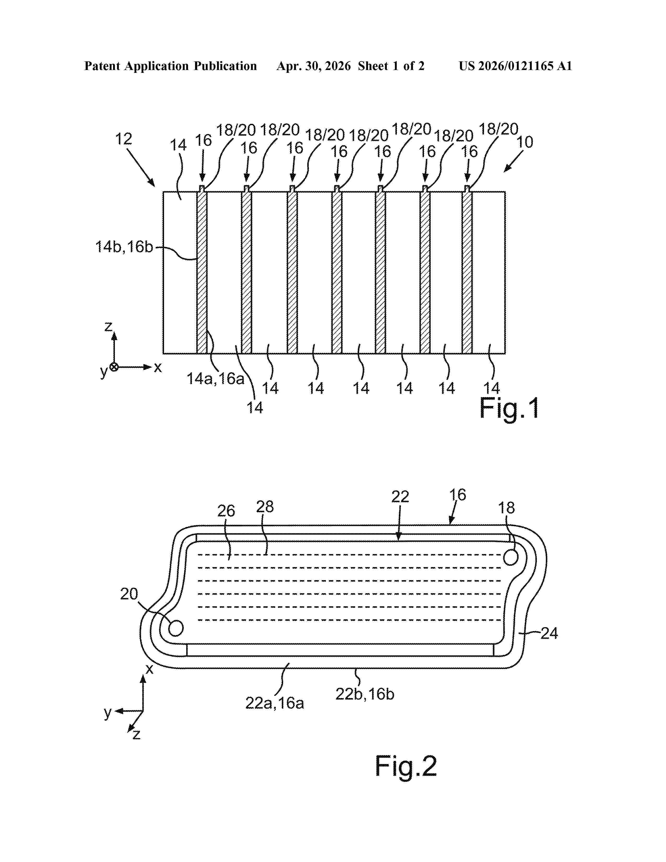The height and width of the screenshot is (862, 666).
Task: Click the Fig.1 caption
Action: [509, 409]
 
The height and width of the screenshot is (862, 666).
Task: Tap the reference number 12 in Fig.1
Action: [124, 139]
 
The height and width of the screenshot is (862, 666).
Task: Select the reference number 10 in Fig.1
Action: [525, 142]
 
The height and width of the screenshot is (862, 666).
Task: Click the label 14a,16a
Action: [215, 379]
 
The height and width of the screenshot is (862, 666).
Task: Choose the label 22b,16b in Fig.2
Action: [365, 694]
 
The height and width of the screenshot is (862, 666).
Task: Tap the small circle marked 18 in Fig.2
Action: [511, 558]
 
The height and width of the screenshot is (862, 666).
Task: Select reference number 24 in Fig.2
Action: [549, 633]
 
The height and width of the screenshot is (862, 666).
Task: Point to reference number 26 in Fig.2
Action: [226, 511]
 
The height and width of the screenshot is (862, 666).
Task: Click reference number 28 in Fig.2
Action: [265, 506]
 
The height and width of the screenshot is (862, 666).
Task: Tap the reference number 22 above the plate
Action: [400, 497]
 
